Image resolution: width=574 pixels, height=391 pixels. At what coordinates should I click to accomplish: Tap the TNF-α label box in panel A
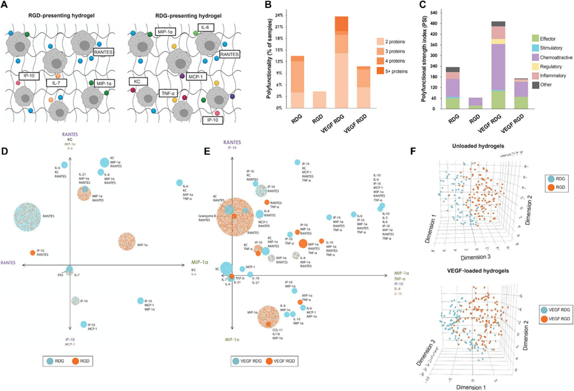coord(171,94)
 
